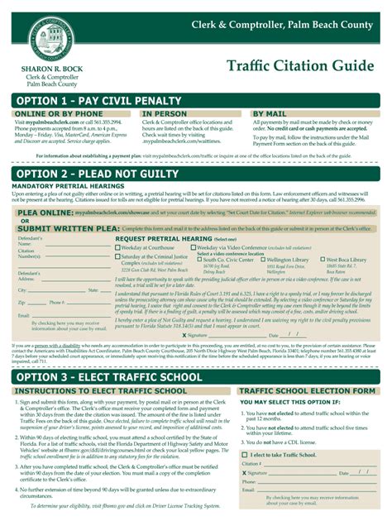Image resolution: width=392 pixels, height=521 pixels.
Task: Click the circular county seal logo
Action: click(x=55, y=42)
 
